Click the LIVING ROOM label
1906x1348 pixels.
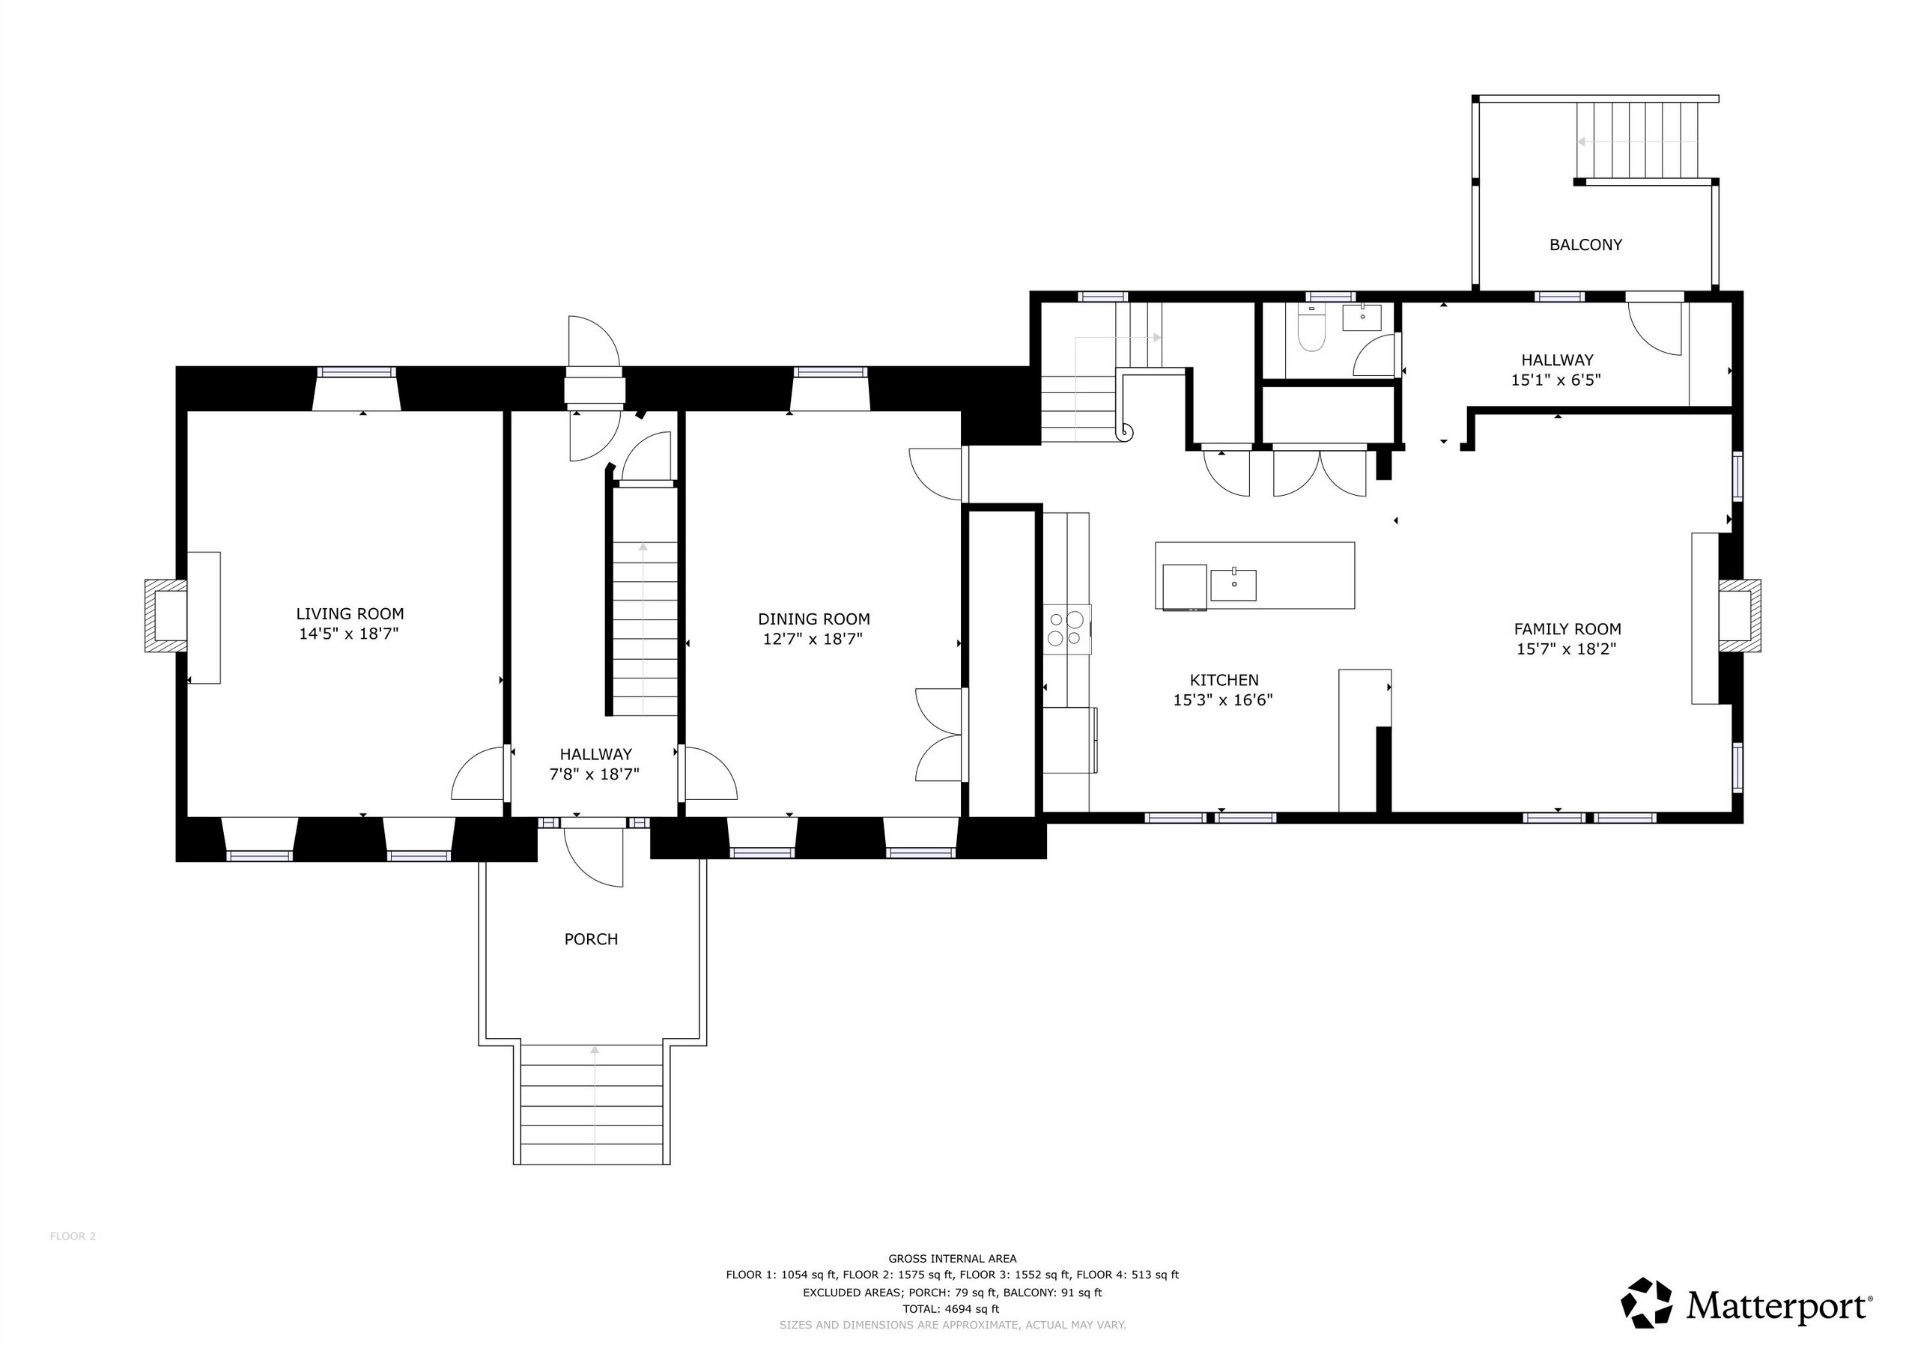click(350, 613)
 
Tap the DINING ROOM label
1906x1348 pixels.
click(813, 619)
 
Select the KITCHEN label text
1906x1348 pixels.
click(1224, 680)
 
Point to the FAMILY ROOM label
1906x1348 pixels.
click(1567, 629)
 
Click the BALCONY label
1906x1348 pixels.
click(1585, 245)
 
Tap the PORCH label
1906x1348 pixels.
click(591, 939)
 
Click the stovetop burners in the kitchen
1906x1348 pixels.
click(1066, 628)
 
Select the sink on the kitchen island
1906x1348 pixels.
click(1233, 584)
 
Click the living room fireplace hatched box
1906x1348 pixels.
click(166, 616)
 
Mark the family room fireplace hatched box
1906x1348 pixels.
click(1740, 616)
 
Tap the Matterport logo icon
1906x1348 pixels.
click(1647, 1302)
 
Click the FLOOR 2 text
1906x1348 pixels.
click(73, 1236)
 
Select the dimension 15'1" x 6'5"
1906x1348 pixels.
click(1556, 380)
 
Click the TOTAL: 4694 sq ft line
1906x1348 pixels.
click(951, 1309)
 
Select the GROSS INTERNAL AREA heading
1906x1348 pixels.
click(952, 1258)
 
